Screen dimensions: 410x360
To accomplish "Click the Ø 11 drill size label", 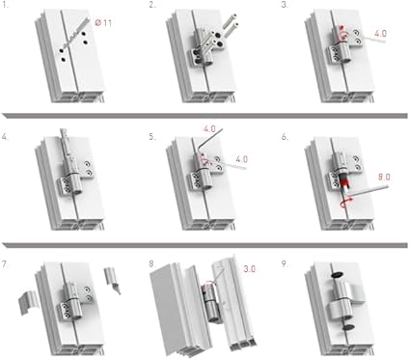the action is point(103,23).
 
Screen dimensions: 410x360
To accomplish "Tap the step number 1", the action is point(5,5).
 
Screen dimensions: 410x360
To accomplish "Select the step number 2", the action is point(152,5).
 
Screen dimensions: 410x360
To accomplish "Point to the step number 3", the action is point(285,5).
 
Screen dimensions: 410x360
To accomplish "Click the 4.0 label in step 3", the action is point(380,33).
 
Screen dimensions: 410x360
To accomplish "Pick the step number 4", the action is point(5,136).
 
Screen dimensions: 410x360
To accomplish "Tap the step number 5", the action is point(152,136).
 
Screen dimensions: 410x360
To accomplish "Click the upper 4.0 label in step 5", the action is point(209,129).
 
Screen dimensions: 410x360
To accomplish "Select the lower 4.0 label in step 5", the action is point(242,159).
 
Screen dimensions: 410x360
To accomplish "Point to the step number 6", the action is point(285,136).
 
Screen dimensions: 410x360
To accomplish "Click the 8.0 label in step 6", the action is point(384,177).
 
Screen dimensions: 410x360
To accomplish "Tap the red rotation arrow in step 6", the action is point(346,202).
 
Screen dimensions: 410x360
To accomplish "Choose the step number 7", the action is point(5,264).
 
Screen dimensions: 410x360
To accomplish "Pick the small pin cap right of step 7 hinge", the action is point(112,280).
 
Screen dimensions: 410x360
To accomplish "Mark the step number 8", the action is point(152,264).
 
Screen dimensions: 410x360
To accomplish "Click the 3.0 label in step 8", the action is point(250,268).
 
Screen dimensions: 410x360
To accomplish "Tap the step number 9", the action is point(285,264).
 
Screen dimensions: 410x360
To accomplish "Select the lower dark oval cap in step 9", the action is point(348,327).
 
